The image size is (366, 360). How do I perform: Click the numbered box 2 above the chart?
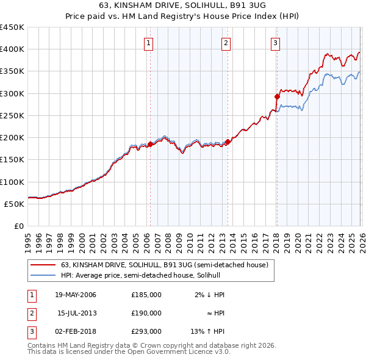click(x=226, y=43)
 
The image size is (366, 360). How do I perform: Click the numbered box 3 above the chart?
click(x=275, y=43)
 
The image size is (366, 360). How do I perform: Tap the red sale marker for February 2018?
click(x=277, y=96)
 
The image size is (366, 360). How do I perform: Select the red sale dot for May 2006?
click(x=150, y=144)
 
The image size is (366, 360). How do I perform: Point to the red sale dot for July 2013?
click(x=228, y=142)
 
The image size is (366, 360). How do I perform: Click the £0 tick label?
click(x=18, y=226)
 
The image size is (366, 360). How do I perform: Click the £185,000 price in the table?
click(x=146, y=295)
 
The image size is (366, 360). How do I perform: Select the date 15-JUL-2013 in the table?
click(x=76, y=313)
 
